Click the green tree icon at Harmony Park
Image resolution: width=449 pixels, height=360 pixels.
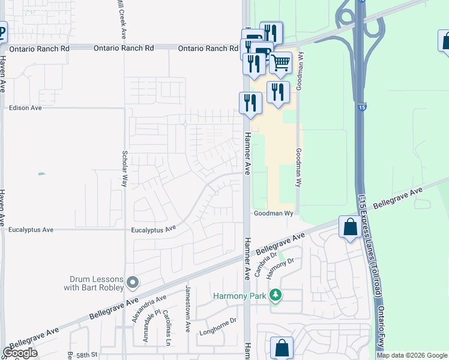(275, 295)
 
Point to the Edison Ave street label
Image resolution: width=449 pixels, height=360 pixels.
(25, 108)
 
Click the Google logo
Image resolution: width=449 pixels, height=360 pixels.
(20, 353)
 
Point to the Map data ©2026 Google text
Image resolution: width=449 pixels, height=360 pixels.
(412, 355)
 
